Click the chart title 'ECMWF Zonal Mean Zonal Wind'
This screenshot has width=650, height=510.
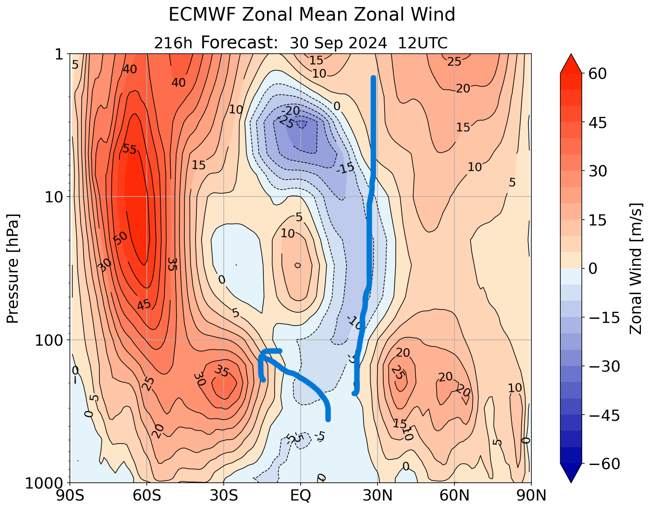pyautogui.click(x=312, y=15)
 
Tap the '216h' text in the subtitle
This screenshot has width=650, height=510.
pyautogui.click(x=173, y=43)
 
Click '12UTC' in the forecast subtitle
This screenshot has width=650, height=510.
pyautogui.click(x=423, y=43)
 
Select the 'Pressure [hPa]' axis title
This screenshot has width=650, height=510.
pyautogui.click(x=13, y=268)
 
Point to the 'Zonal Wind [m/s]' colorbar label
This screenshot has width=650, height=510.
pyautogui.click(x=636, y=268)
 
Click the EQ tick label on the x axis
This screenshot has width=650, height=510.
pyautogui.click(x=301, y=495)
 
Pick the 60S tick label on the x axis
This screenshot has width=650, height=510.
pyautogui.click(x=147, y=495)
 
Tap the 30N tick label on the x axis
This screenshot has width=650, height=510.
pyautogui.click(x=378, y=495)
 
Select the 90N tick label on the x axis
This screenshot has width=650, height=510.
pyautogui.click(x=531, y=495)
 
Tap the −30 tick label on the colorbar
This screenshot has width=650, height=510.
pyautogui.click(x=604, y=366)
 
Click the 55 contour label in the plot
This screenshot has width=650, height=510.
pyautogui.click(x=129, y=149)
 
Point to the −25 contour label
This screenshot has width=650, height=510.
pyautogui.click(x=285, y=121)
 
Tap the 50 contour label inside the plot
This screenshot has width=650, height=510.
pyautogui.click(x=120, y=238)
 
